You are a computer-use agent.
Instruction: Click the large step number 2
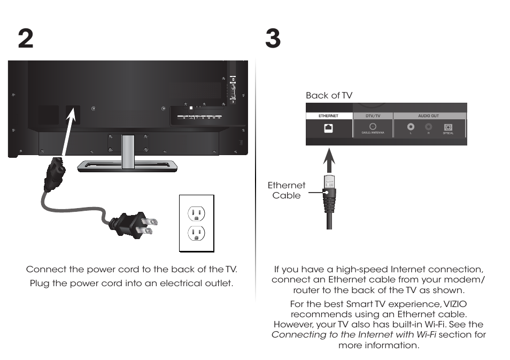(x=25, y=39)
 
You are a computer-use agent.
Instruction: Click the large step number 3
(x=273, y=39)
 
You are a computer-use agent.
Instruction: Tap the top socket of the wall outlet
(x=197, y=213)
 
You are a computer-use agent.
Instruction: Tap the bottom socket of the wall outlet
(x=197, y=234)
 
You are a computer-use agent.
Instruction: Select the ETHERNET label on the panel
(x=329, y=116)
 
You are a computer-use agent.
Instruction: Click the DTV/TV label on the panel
(x=373, y=116)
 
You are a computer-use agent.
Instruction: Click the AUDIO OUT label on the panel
(x=428, y=116)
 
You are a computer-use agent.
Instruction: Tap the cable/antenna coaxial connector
(x=373, y=127)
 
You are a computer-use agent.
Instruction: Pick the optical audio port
(x=448, y=127)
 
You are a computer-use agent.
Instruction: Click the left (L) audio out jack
(x=410, y=127)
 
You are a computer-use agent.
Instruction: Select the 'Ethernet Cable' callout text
(x=287, y=190)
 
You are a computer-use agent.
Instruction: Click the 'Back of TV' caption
(x=329, y=95)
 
